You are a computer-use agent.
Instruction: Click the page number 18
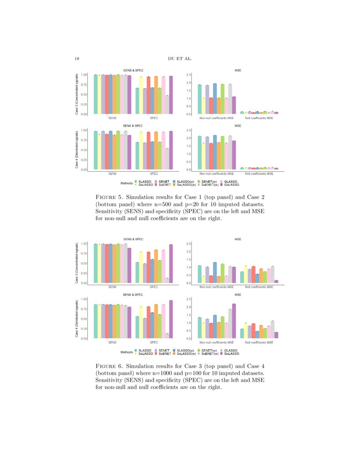point(77,58)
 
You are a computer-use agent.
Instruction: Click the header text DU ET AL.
point(180,58)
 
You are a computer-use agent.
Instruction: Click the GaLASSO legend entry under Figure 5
point(232,185)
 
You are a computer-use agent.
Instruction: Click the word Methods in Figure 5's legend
point(127,183)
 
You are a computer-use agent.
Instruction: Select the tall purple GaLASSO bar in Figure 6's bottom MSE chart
point(234,321)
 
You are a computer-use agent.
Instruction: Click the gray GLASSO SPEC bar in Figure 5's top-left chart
point(167,105)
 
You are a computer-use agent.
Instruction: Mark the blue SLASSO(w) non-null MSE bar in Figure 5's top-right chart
point(215,99)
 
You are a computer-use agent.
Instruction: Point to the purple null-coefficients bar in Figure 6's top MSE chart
point(276,281)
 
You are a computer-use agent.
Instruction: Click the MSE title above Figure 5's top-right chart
point(238,70)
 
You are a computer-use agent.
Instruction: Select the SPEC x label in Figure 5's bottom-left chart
point(154,173)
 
